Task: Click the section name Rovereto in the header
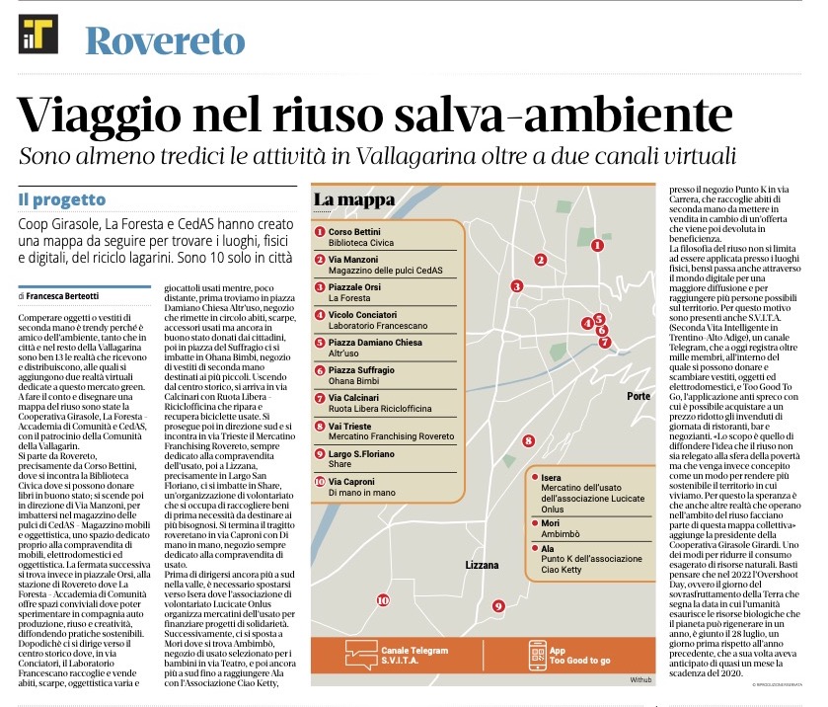pyautogui.click(x=165, y=40)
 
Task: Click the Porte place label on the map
pyautogui.click(x=639, y=396)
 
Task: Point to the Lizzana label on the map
pyautogui.click(x=487, y=566)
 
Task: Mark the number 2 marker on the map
pyautogui.click(x=541, y=260)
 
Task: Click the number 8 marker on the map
pyautogui.click(x=528, y=441)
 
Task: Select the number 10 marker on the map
pyautogui.click(x=382, y=599)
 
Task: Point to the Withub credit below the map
pyautogui.click(x=642, y=679)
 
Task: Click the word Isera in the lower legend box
pyautogui.click(x=552, y=478)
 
